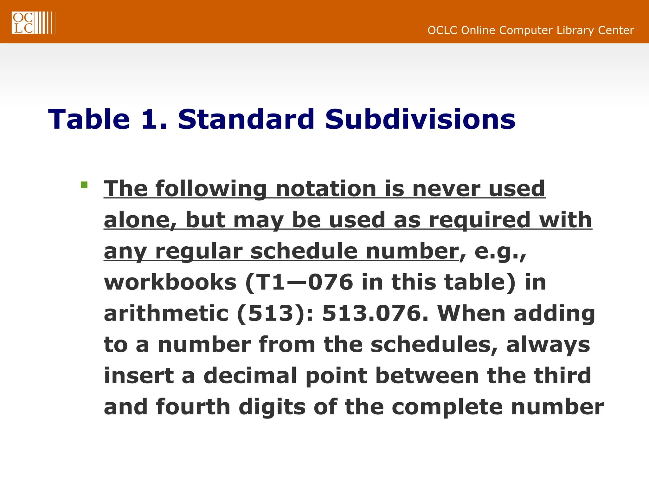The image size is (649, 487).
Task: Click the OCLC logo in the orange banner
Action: pos(33,23)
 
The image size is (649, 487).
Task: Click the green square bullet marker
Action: pos(84,185)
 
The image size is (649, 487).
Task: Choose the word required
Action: pos(479,220)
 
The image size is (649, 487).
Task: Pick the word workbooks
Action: pos(170,282)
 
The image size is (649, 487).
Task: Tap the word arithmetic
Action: pos(166,314)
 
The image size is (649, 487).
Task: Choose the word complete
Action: pos(447,407)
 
